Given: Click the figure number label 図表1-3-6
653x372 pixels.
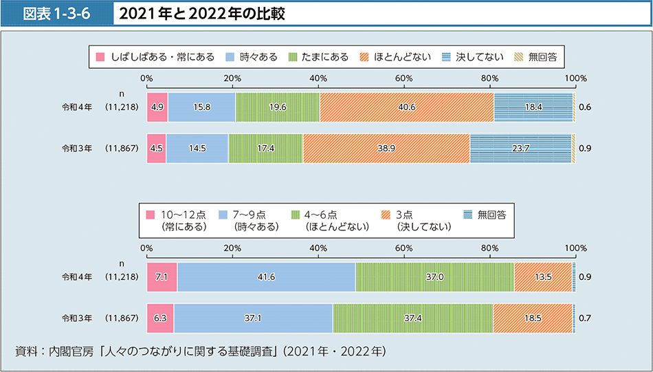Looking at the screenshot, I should tap(57, 14).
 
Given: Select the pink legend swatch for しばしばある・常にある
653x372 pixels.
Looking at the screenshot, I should tap(100, 56).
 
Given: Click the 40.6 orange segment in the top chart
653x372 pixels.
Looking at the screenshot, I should tap(407, 107).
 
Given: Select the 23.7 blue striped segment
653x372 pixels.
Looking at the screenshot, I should tap(520, 148).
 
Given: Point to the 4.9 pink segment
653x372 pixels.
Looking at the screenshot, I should tap(157, 107).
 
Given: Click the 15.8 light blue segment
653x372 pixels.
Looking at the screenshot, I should tap(201, 107).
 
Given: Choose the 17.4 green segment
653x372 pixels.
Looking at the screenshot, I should tap(265, 148).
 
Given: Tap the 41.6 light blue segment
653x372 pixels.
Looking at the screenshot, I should tap(266, 276).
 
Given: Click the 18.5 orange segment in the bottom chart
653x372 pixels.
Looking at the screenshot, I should tap(533, 318).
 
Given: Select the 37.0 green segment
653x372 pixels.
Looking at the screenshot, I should tap(434, 276).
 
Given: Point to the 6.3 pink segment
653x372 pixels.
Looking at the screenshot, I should tap(160, 318).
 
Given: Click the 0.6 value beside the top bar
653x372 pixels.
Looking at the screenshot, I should tap(585, 107).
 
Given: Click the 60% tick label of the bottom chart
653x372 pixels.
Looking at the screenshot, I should tap(403, 248).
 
